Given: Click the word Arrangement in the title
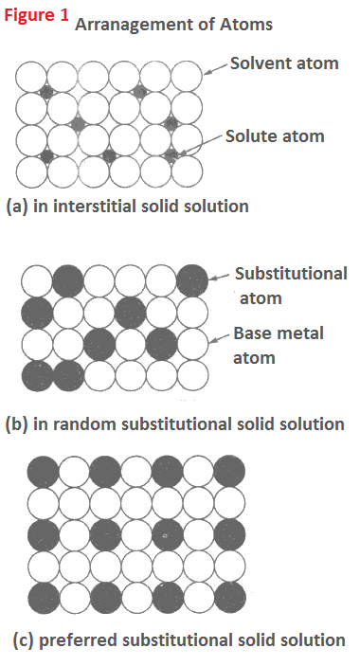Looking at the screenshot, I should [124, 26].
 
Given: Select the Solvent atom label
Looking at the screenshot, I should [283, 64].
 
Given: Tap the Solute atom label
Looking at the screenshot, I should [275, 135].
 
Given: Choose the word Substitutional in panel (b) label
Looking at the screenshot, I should [290, 273].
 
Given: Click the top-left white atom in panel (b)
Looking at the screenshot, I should [37, 279].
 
